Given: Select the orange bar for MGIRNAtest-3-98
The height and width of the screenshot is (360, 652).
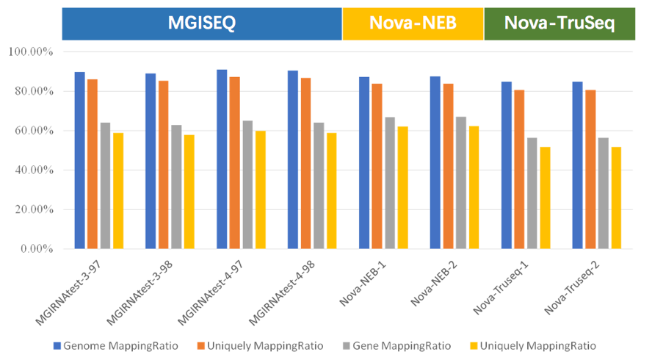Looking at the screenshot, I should [164, 165].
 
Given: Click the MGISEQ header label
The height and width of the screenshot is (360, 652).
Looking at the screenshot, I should [201, 24].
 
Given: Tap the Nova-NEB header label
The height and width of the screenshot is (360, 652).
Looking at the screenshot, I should [413, 24].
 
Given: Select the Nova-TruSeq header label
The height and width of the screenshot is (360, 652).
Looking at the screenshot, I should [559, 24].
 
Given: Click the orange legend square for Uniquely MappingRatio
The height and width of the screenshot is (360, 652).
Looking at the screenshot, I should [200, 345].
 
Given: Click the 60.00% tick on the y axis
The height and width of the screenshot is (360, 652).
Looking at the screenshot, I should [29, 131].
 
